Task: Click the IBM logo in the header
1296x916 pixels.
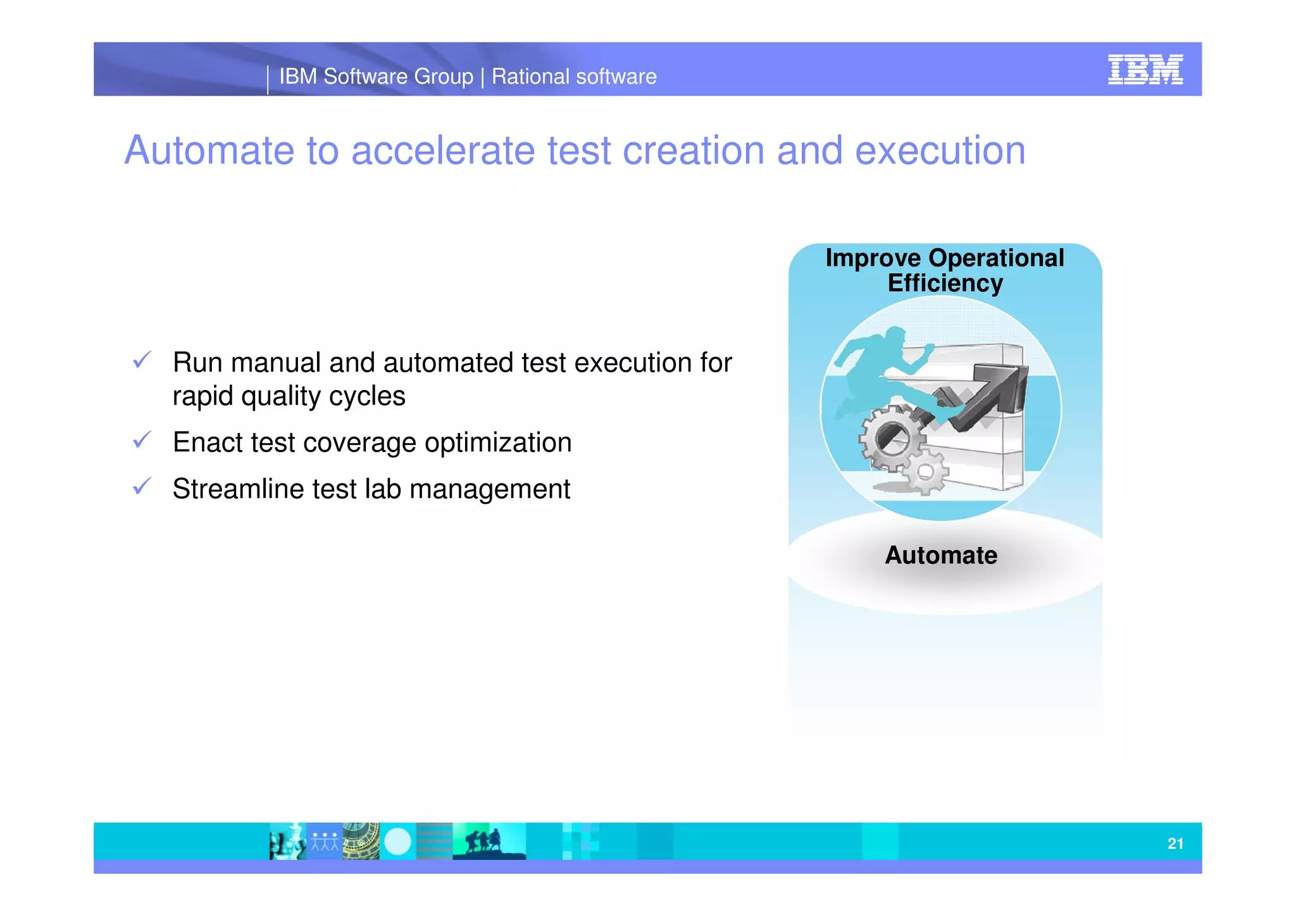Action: (x=1145, y=70)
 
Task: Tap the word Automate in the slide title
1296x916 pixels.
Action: (x=209, y=151)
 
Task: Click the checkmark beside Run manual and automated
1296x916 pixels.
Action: (x=142, y=360)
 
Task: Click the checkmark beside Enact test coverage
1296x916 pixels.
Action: (x=142, y=439)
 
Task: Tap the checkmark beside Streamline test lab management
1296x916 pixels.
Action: (x=142, y=486)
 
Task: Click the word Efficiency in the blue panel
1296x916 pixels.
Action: (x=945, y=283)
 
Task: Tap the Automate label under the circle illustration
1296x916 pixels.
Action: (x=941, y=555)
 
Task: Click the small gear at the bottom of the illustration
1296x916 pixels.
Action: (x=925, y=472)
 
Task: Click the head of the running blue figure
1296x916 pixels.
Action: (x=895, y=335)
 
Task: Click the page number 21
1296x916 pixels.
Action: (x=1175, y=843)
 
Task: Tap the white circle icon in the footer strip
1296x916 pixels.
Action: (x=397, y=841)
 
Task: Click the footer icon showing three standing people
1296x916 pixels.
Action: (x=325, y=841)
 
